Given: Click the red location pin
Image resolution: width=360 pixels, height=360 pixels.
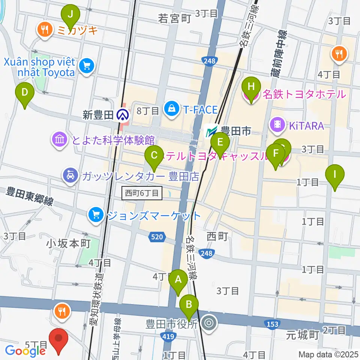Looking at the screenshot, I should pyautogui.click(x=59, y=340).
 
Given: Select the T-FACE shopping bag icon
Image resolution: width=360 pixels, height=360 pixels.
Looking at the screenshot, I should pyautogui.click(x=171, y=109).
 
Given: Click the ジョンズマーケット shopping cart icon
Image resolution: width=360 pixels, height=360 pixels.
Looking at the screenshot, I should pyautogui.click(x=96, y=215).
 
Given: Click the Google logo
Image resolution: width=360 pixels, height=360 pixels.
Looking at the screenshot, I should pyautogui.click(x=25, y=351).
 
